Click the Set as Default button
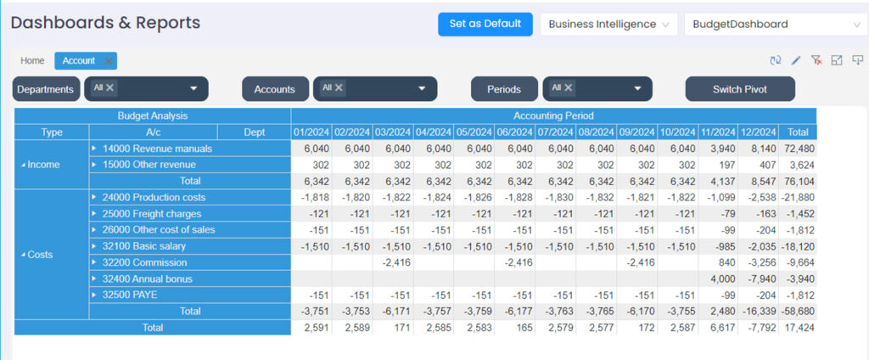(x=485, y=24)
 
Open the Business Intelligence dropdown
(x=608, y=25)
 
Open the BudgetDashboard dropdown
(x=776, y=25)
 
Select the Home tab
(x=32, y=61)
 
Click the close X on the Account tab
(x=109, y=61)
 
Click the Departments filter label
(x=46, y=89)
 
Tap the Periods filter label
(x=504, y=89)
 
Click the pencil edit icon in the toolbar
(x=795, y=60)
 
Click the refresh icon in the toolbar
(x=775, y=60)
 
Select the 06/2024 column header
(x=514, y=132)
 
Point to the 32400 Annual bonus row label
(x=147, y=278)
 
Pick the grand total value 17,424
(x=798, y=328)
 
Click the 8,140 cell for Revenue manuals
(x=759, y=149)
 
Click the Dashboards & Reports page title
(x=105, y=23)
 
